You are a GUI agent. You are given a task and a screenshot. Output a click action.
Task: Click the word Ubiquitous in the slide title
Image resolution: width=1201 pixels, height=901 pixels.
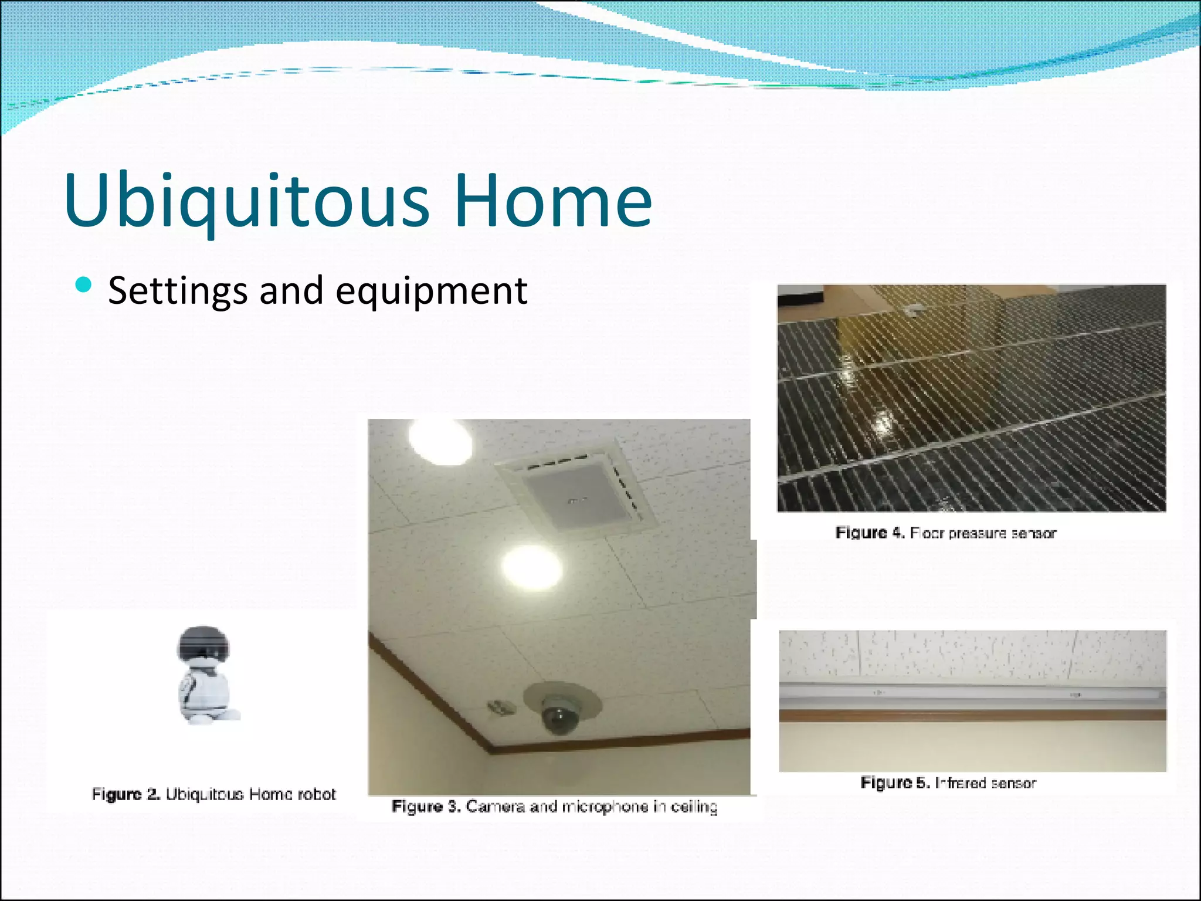pos(246,201)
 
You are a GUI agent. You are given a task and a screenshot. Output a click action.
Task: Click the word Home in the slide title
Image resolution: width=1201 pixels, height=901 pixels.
pos(552,201)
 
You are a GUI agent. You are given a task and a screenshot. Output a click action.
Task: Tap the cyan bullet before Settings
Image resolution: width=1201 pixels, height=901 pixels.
pos(84,285)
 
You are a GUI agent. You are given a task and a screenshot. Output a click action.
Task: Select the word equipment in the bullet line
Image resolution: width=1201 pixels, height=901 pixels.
pos(432,292)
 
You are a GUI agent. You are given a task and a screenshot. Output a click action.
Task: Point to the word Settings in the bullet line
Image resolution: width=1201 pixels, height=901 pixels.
pos(178,292)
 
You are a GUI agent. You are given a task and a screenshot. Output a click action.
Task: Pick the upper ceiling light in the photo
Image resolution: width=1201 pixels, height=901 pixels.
pos(440,442)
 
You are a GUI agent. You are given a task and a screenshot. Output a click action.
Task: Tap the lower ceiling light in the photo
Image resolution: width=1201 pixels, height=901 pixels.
pos(532,567)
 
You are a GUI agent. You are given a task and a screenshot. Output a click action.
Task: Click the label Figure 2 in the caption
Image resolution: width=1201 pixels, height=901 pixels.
pos(125,794)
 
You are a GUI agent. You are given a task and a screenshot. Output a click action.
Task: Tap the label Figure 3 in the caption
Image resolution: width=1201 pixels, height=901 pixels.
pos(425,807)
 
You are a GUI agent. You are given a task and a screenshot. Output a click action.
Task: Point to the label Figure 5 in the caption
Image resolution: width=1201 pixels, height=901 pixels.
pos(894,783)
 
